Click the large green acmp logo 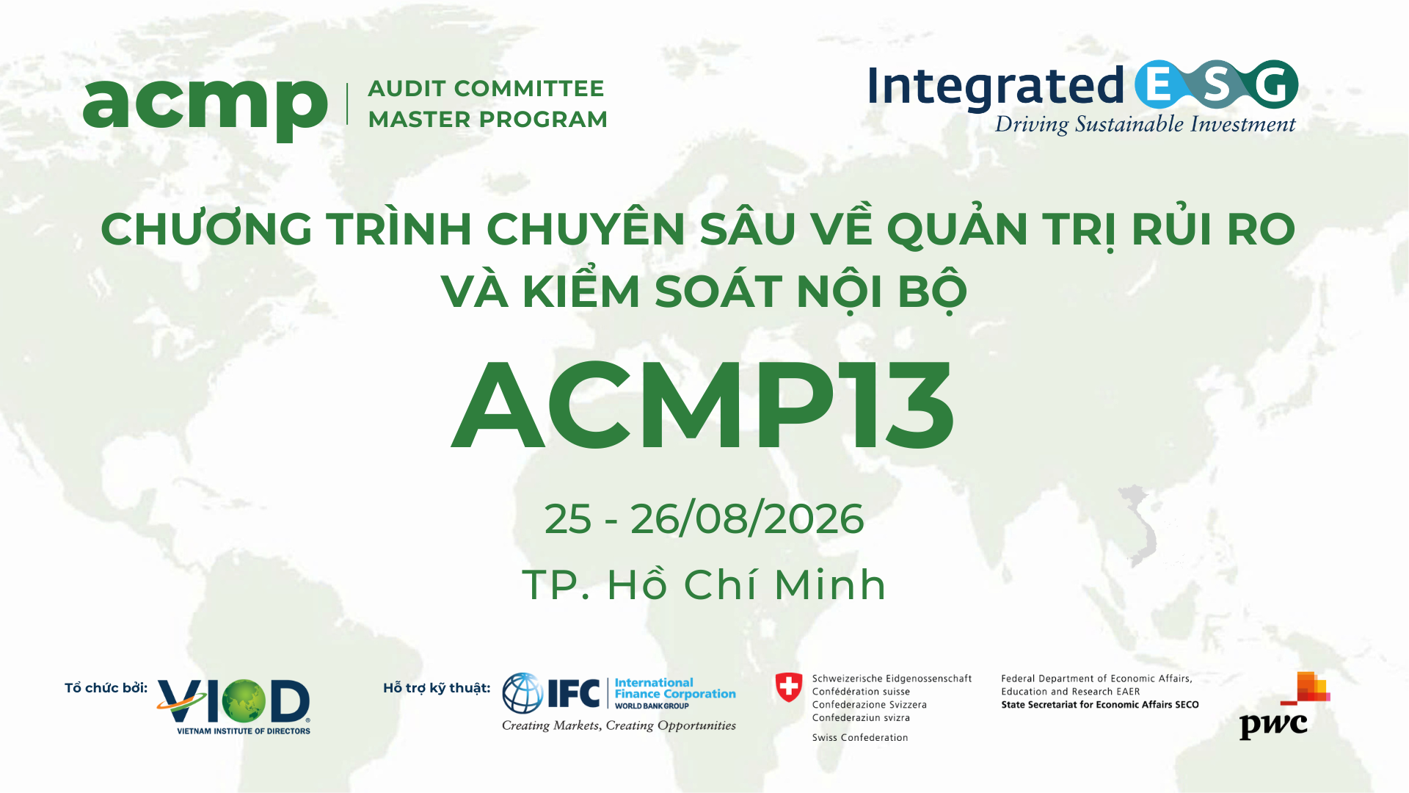(205, 106)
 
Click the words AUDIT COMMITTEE (486, 89)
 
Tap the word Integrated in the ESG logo (995, 87)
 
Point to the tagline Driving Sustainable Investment (1145, 125)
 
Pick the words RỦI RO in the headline (1213, 230)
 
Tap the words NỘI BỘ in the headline (881, 292)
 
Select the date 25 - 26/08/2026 (704, 519)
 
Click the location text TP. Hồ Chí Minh (704, 585)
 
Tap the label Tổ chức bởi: (106, 688)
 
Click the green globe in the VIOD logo (244, 700)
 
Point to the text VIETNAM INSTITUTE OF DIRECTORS (244, 731)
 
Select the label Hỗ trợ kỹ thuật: (437, 688)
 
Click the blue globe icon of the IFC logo (523, 693)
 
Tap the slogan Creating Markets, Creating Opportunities (619, 725)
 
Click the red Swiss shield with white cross (789, 688)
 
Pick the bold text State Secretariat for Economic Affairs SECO (1099, 705)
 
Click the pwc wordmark (1273, 725)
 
